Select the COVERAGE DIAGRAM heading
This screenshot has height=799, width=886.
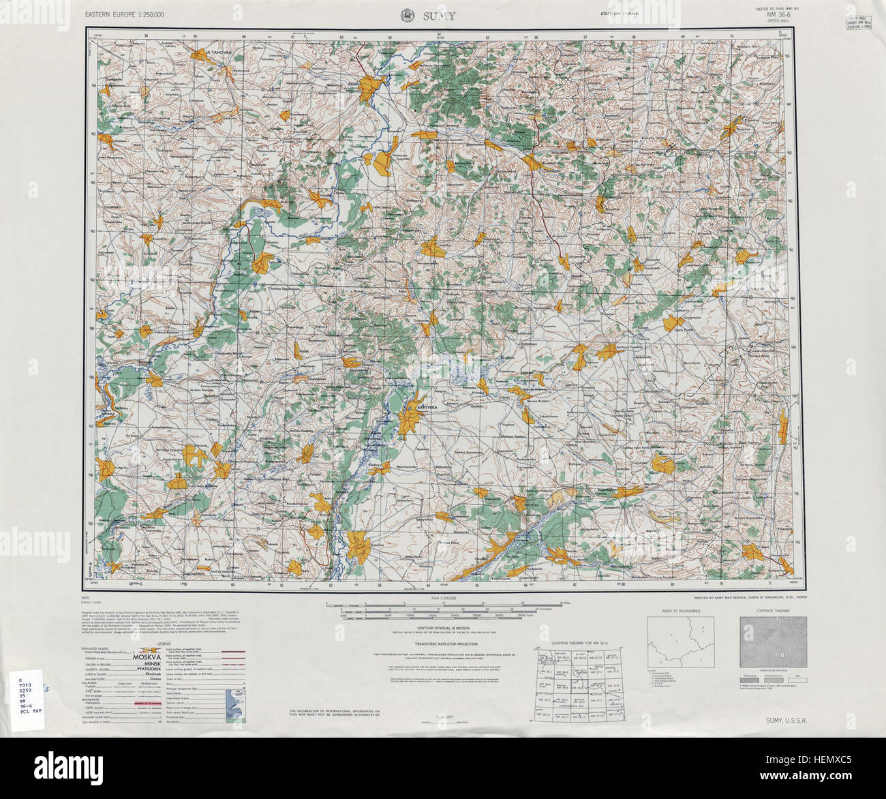click(773, 611)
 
